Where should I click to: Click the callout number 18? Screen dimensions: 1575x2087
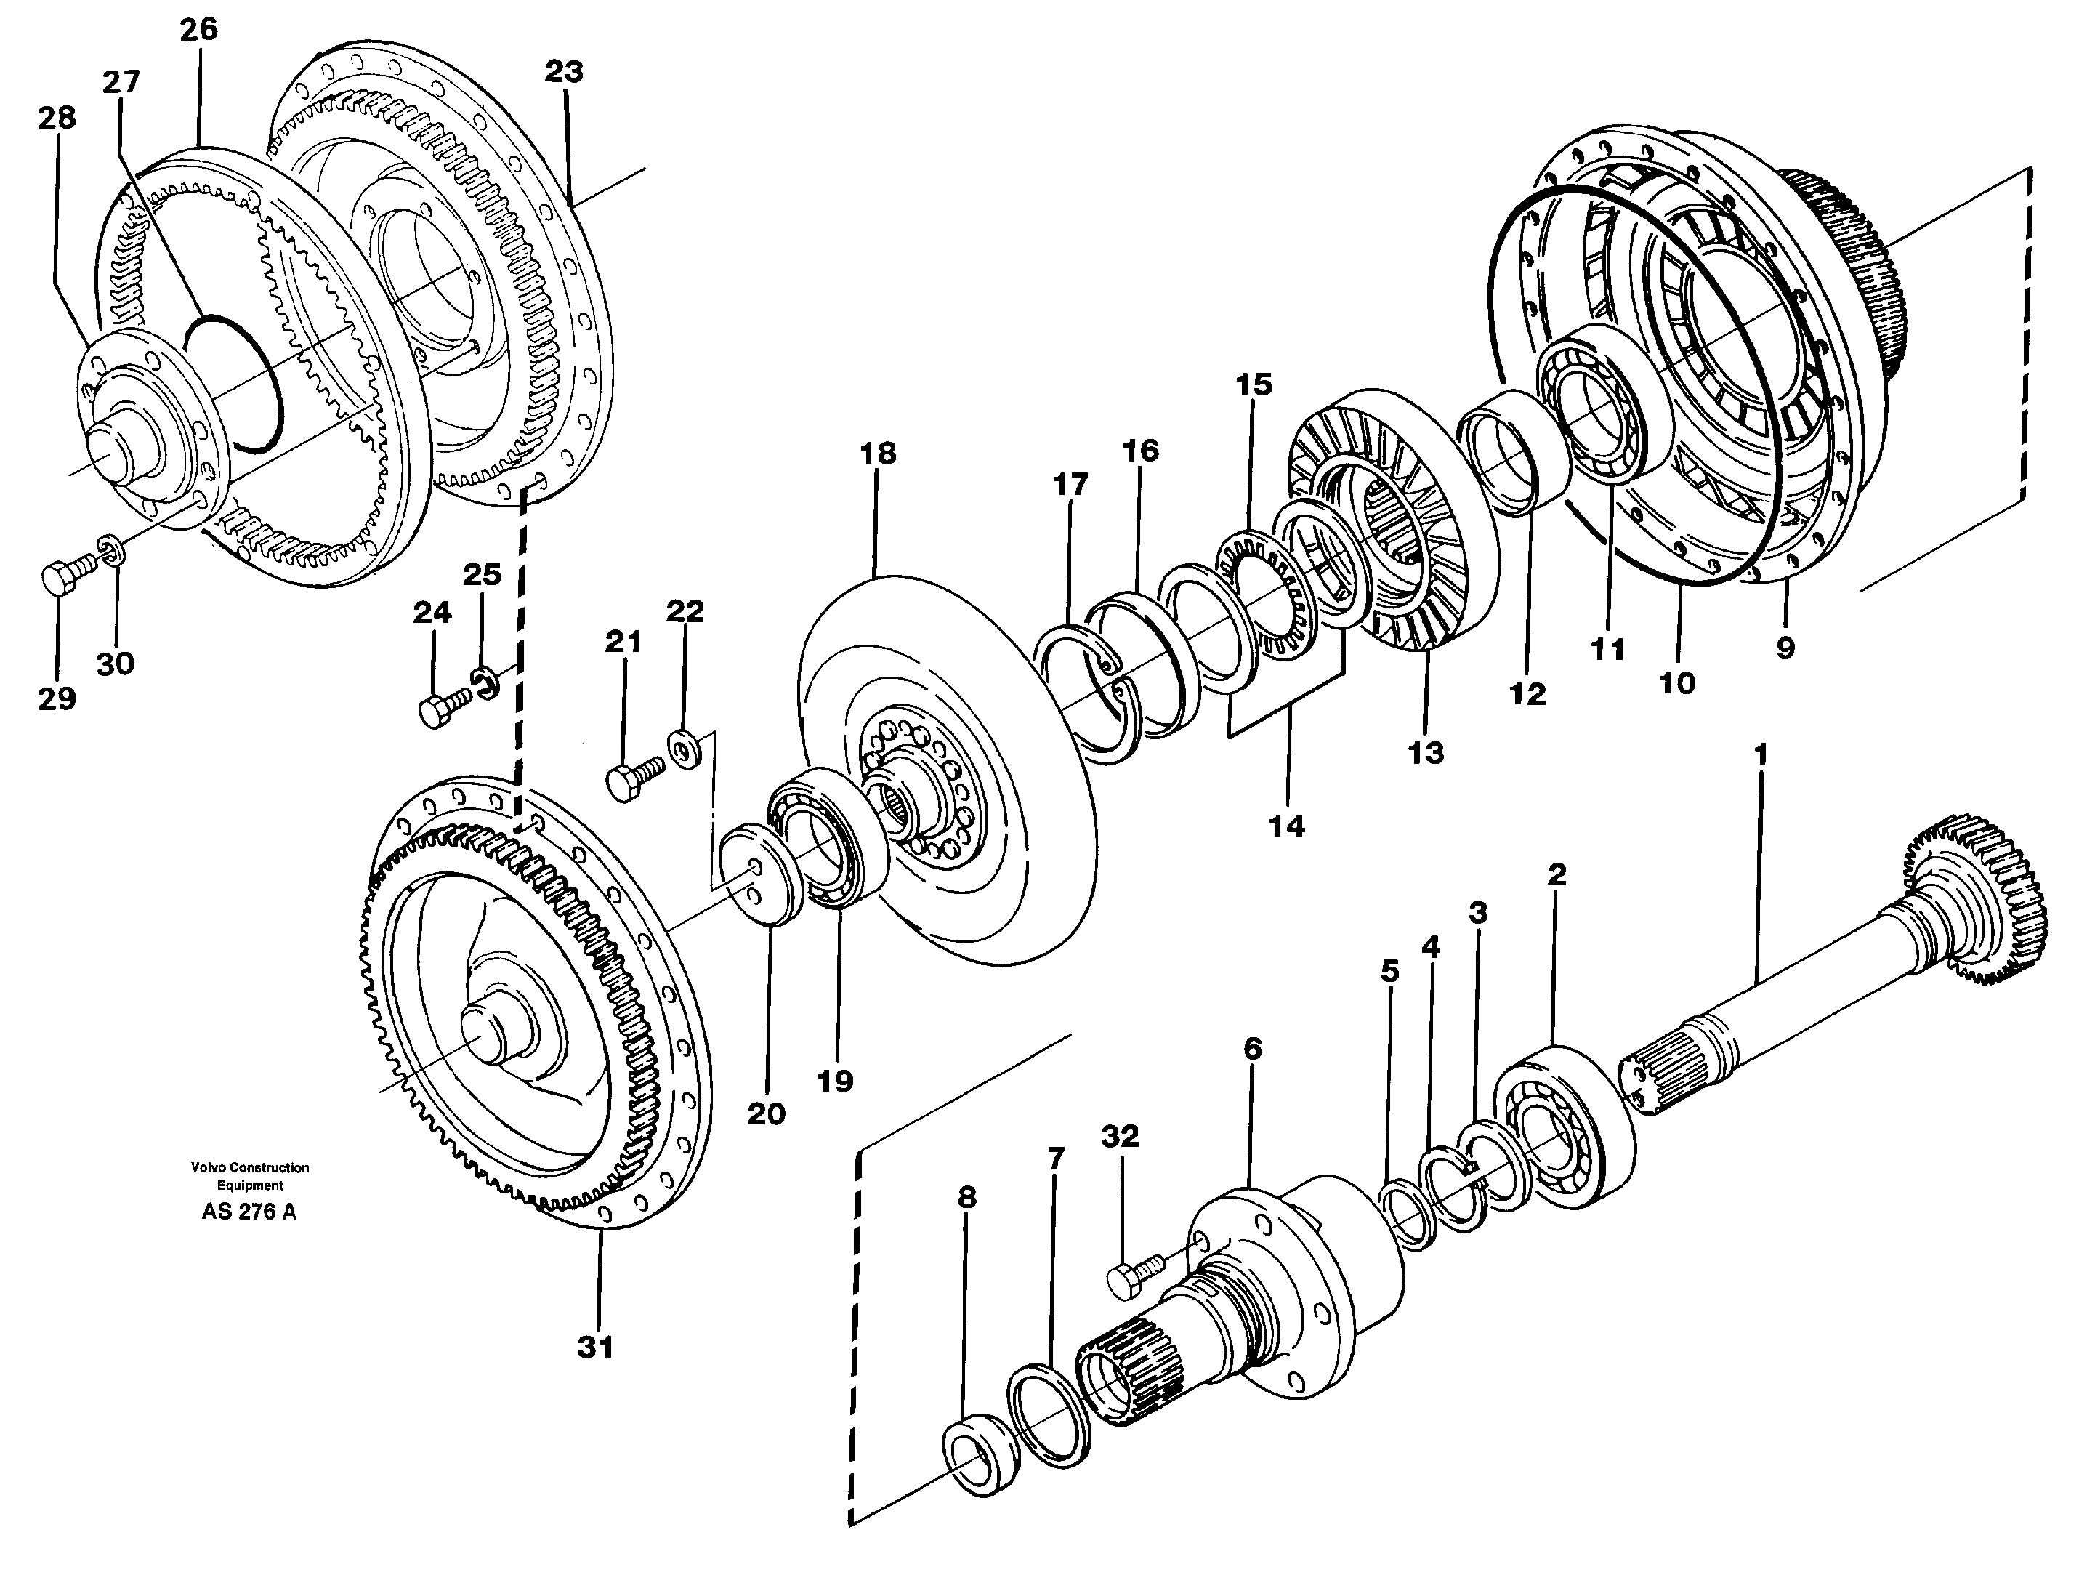click(x=877, y=454)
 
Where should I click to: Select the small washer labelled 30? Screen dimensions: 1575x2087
click(x=110, y=550)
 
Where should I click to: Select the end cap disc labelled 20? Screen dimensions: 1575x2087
click(x=760, y=874)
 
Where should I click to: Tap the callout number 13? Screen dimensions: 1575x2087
click(x=1426, y=753)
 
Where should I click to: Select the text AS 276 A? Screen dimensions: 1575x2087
click(x=249, y=1212)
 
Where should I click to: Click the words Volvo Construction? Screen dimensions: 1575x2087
click(x=250, y=1167)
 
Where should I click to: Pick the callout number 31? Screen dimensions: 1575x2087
click(x=595, y=1348)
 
